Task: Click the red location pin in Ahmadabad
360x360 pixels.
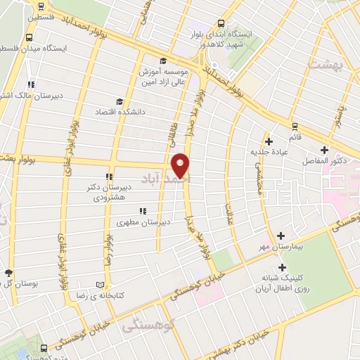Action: click(x=181, y=166)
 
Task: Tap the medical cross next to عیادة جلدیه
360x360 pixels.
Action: click(x=269, y=141)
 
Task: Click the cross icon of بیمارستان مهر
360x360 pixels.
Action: click(x=281, y=236)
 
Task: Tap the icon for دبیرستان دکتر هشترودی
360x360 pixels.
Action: click(x=109, y=177)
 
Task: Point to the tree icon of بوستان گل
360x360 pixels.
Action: click(x=8, y=273)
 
